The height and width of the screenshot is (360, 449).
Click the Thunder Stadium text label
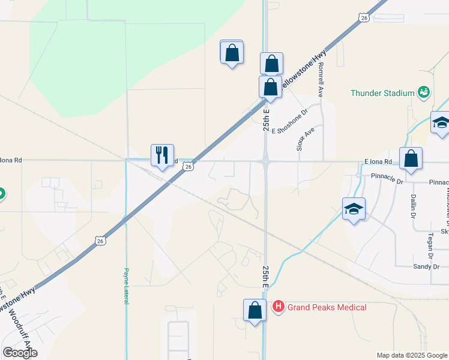click(382, 93)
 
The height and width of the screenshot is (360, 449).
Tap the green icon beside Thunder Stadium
click(424, 92)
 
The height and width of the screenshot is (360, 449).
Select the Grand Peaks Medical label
click(327, 307)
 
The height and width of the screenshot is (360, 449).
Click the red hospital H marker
click(279, 307)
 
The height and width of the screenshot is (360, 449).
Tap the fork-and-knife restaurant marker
click(162, 156)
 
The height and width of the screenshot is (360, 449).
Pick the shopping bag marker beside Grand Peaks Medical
click(255, 311)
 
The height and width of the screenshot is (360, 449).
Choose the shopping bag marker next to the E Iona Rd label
click(411, 160)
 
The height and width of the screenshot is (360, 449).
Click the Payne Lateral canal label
click(127, 286)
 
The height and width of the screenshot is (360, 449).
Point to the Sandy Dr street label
click(426, 266)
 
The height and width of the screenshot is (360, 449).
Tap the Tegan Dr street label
click(431, 241)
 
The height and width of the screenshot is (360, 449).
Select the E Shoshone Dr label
click(289, 121)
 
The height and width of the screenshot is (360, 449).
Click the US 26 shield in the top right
click(365, 19)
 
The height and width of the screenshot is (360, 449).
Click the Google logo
click(20, 353)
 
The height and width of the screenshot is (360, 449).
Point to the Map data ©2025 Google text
click(412, 355)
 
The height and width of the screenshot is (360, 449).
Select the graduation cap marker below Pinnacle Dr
click(354, 209)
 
